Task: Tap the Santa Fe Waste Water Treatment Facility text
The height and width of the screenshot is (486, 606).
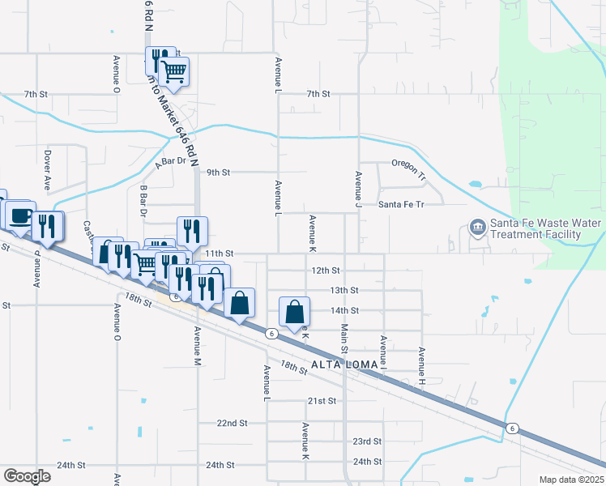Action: pyautogui.click(x=536, y=228)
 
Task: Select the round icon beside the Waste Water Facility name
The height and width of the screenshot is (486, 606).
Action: pyautogui.click(x=478, y=228)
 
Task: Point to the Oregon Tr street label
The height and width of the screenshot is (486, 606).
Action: pyautogui.click(x=408, y=164)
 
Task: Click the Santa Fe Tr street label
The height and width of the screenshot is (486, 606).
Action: pyautogui.click(x=401, y=205)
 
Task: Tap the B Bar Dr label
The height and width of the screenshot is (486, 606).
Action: pyautogui.click(x=143, y=202)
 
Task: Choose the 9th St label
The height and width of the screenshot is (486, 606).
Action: pyautogui.click(x=219, y=173)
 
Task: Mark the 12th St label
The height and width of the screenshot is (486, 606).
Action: pyautogui.click(x=323, y=270)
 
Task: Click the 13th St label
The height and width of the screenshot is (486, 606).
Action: pyautogui.click(x=344, y=290)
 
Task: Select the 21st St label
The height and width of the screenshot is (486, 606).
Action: pyautogui.click(x=322, y=401)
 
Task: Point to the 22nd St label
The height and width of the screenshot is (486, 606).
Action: pyautogui.click(x=232, y=423)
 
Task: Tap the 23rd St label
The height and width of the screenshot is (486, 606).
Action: pyautogui.click(x=366, y=441)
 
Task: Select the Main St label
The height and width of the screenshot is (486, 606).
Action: pyautogui.click(x=344, y=338)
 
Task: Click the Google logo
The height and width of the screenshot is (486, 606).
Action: pyautogui.click(x=27, y=476)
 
